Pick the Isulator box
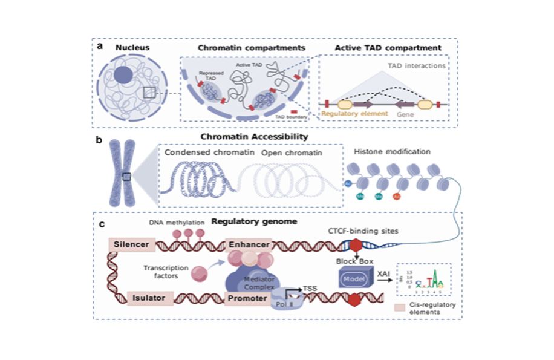(x=151, y=298)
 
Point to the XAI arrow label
(x=383, y=274)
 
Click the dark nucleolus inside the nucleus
(x=123, y=76)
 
